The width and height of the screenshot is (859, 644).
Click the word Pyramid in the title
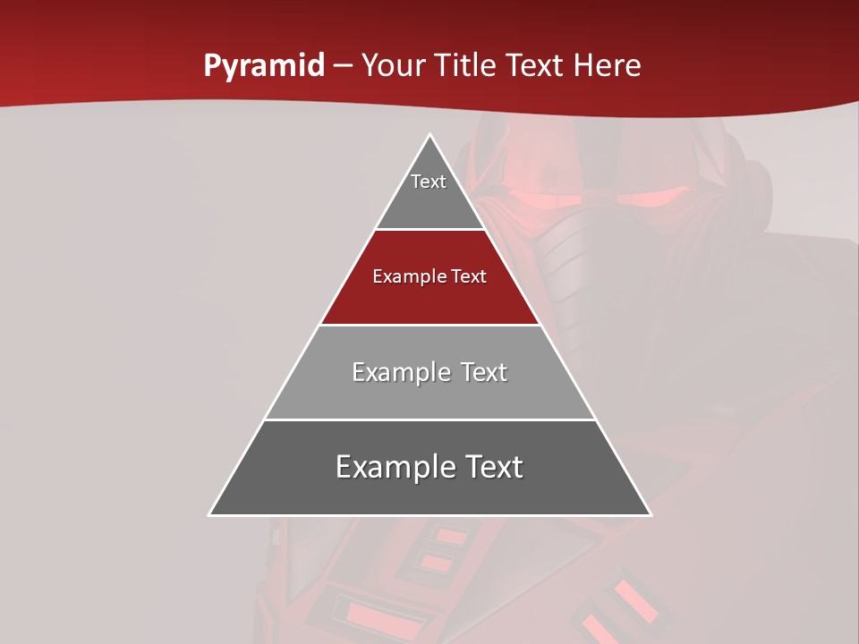tap(263, 66)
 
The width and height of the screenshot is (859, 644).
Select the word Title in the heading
tap(465, 65)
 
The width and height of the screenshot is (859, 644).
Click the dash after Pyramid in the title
tap(343, 66)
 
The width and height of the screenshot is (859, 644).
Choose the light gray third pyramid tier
tap(429, 394)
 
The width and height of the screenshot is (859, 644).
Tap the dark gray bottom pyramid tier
tap(429, 492)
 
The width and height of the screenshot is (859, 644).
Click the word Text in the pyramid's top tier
tap(429, 182)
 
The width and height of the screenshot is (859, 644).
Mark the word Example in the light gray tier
tap(397, 372)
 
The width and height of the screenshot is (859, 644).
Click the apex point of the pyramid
tap(429, 135)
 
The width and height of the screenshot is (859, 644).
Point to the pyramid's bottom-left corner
tap(210, 514)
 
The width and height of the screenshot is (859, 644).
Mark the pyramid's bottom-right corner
tap(650, 514)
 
